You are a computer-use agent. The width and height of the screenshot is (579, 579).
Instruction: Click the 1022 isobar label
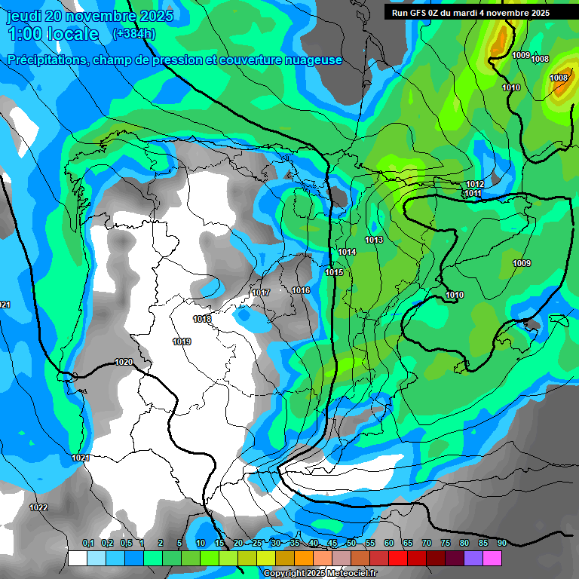point(38,507)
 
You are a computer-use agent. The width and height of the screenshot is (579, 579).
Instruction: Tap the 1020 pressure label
point(124,363)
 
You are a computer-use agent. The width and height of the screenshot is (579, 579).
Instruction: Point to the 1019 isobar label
point(182,342)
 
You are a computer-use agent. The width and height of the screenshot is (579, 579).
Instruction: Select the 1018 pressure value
point(202,320)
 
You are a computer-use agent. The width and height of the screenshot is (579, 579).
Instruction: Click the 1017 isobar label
point(261,293)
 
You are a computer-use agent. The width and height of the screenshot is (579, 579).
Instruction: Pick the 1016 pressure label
point(301,291)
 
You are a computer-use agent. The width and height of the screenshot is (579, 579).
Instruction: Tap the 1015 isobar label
point(334,273)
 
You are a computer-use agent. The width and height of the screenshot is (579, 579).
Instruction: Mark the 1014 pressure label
point(347,253)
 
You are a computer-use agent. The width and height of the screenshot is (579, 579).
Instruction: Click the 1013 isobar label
point(374,240)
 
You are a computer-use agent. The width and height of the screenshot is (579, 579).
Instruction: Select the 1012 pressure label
point(475,185)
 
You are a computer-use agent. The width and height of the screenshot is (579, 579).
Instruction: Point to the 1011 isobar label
point(473,194)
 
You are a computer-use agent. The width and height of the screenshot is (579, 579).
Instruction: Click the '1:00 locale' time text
point(54,35)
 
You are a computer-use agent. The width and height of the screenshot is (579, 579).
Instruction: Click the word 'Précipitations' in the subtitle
point(48,60)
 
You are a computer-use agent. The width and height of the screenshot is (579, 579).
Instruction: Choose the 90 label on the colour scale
point(501,543)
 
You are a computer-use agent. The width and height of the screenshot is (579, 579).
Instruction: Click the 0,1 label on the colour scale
point(88,543)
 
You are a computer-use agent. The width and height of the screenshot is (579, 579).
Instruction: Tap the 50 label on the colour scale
point(351,543)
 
